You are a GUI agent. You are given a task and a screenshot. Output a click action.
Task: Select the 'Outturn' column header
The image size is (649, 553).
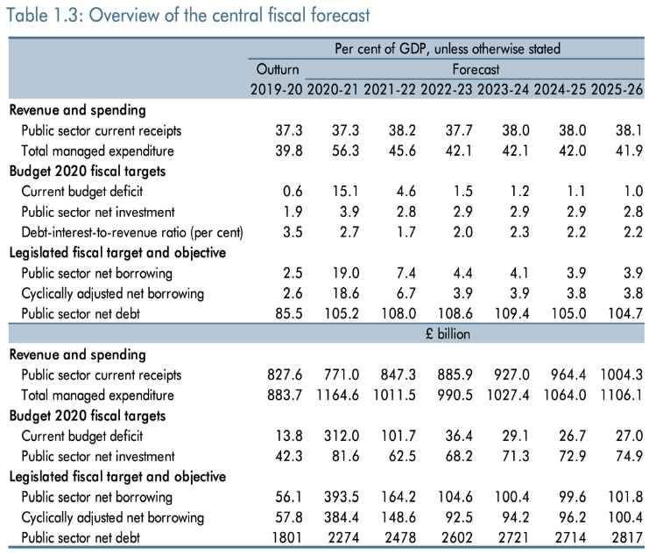[277, 69]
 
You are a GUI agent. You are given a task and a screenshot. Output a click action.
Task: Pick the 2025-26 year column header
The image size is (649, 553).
[618, 88]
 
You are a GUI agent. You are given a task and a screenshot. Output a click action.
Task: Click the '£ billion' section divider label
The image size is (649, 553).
[447, 333]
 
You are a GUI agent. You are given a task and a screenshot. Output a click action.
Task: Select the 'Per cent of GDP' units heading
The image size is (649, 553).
[447, 50]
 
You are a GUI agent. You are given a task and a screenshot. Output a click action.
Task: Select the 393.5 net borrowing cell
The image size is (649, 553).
[335, 496]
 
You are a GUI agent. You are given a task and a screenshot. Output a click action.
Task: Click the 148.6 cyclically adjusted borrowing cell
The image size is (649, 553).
[392, 516]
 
